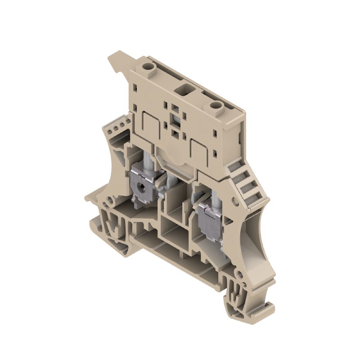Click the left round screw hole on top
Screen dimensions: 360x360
tap(147, 67)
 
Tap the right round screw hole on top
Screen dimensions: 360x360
tap(216, 106)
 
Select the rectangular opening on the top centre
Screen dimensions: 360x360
tap(184, 86)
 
